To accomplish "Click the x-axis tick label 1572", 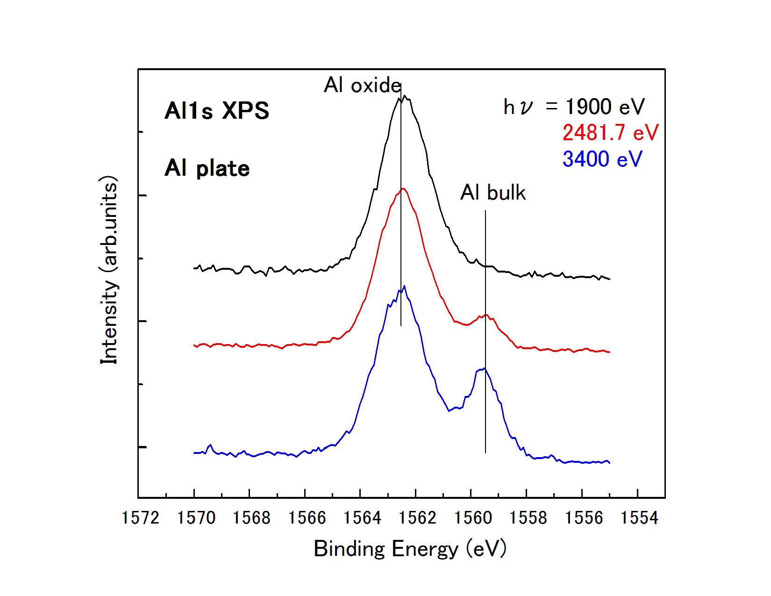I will pos(140,518).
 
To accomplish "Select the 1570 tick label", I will pos(196,518).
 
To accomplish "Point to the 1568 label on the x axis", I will pos(251,518).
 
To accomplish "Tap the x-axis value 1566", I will pos(307,518).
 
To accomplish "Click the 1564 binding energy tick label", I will pos(362,518).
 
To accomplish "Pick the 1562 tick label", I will pos(418,518).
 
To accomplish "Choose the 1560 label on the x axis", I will pos(473,518).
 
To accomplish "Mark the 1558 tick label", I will pos(528,518).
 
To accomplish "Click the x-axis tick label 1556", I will pos(584,518).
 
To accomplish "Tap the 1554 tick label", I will pos(639,518).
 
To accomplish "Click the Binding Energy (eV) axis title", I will pos(410,549).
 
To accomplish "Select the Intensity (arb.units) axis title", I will pos(109,270).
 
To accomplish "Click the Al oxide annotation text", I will pos(362,85).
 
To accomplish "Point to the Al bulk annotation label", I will pos(493,193).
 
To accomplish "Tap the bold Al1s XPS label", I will pos(217,111).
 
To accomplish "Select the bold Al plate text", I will pos(207,168).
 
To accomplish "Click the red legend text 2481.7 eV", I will pos(610,133).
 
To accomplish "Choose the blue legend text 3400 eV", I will pos(602,159).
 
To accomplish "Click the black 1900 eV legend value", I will pos(605,107).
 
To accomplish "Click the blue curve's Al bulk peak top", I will pos(485,369).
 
